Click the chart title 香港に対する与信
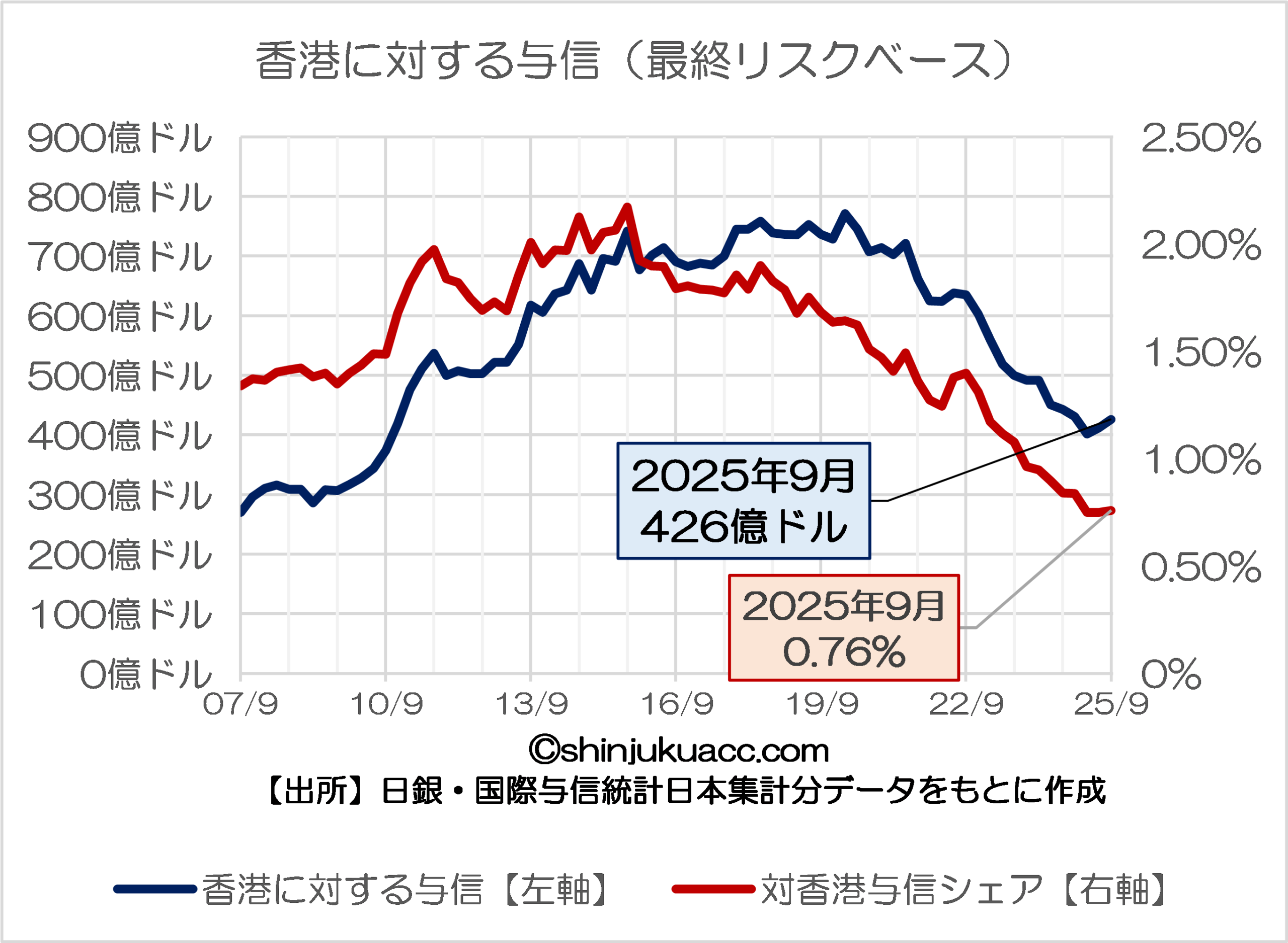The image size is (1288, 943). point(634,60)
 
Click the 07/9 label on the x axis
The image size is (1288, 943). point(240,704)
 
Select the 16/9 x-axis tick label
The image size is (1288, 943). point(677,704)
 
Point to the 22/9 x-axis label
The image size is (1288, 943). point(967,704)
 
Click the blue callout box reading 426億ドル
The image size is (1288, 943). point(744,501)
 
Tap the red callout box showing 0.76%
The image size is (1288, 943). point(844,627)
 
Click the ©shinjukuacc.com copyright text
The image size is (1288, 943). point(679,750)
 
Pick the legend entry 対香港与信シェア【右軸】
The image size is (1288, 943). point(920,889)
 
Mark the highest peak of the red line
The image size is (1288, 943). point(627,207)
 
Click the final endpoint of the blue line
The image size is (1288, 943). point(1111,420)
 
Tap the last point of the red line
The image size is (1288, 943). point(1111,510)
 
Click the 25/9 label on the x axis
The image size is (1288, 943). point(1111,704)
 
